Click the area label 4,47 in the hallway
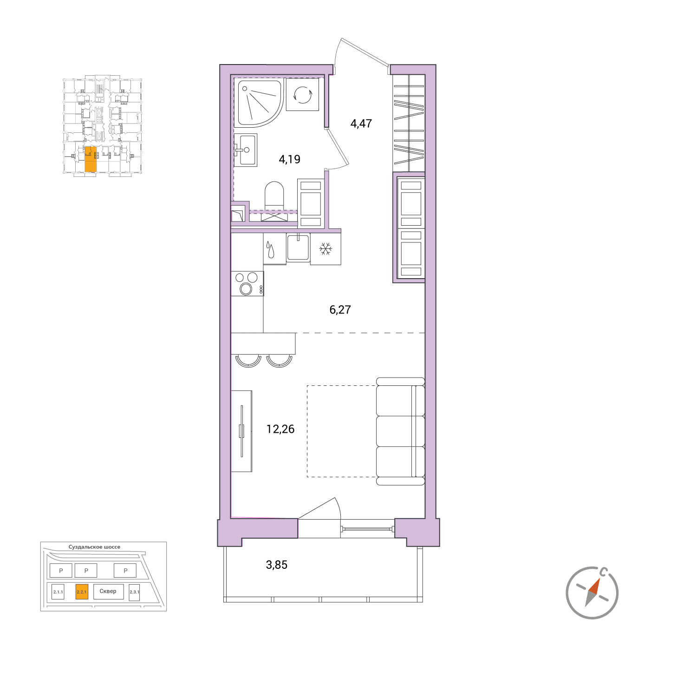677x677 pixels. point(361,124)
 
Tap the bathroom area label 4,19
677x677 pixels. point(289,159)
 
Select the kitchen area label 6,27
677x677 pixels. point(340,309)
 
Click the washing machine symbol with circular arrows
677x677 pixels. point(302,95)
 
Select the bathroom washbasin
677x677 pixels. point(246,150)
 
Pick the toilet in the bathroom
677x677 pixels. point(274,195)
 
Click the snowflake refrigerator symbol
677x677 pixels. point(325,249)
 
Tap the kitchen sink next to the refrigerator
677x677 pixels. point(298,247)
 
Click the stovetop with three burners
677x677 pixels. point(247,284)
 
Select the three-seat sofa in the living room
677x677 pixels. point(400,431)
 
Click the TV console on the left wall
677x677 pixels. point(241,431)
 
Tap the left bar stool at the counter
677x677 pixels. point(248,361)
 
